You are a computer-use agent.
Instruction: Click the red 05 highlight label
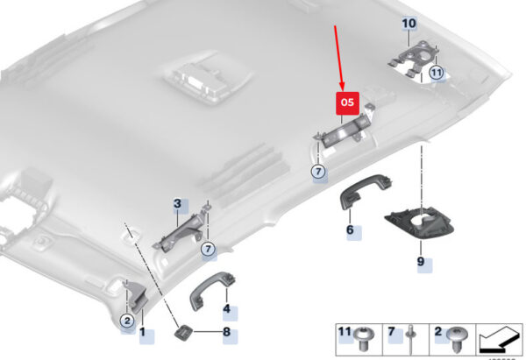[x=348, y=102]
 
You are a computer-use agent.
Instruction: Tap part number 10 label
[x=409, y=24]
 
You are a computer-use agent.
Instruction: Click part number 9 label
[x=421, y=262]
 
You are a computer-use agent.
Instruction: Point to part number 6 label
[x=350, y=230]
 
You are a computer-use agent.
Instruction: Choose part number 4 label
[x=226, y=309]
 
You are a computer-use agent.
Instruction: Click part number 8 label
[x=226, y=333]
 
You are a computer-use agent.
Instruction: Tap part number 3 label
[x=177, y=204]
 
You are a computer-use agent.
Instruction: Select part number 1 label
[x=143, y=333]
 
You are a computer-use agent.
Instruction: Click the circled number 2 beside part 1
[x=126, y=321]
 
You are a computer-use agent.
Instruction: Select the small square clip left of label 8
[x=184, y=332]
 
